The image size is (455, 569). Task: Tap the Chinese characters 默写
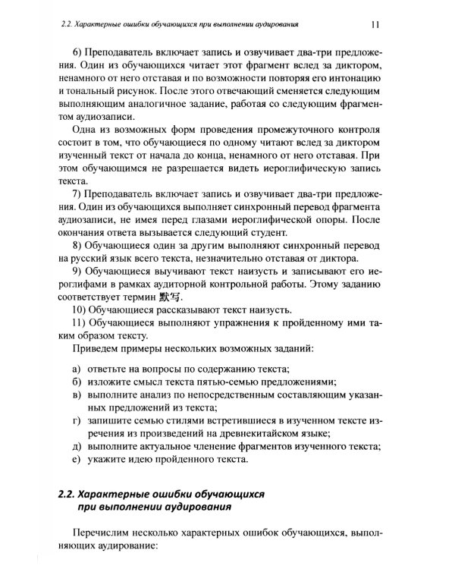[x=174, y=296]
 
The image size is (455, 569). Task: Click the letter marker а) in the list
[x=77, y=368]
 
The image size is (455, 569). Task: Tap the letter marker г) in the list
[x=77, y=420]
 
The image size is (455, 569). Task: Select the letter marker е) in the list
[x=77, y=460]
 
